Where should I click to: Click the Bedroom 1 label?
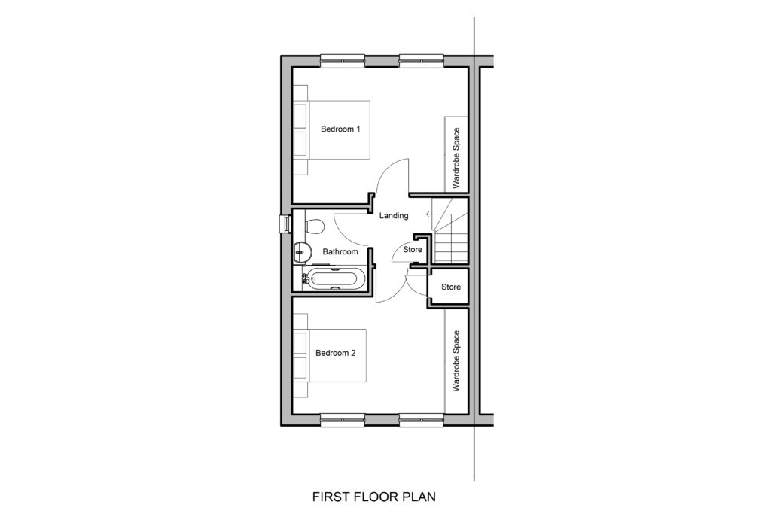pyautogui.click(x=340, y=129)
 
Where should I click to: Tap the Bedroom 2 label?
pyautogui.click(x=335, y=353)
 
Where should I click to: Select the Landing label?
pyautogui.click(x=393, y=215)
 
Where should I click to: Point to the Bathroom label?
pyautogui.click(x=340, y=251)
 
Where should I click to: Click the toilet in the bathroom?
pyautogui.click(x=313, y=227)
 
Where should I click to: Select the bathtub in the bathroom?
pyautogui.click(x=333, y=279)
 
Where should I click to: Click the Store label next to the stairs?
pyautogui.click(x=413, y=250)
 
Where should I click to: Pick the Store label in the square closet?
pyautogui.click(x=451, y=287)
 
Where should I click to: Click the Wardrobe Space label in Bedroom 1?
pyautogui.click(x=456, y=158)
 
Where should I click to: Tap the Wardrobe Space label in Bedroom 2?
pyautogui.click(x=456, y=360)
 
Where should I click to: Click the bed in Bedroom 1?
pyautogui.click(x=331, y=129)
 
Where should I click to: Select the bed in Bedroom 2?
pyautogui.click(x=330, y=355)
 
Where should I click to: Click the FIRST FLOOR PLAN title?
pyautogui.click(x=374, y=497)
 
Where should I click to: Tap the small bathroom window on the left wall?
pyautogui.click(x=284, y=224)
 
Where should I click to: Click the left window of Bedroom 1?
pyautogui.click(x=343, y=61)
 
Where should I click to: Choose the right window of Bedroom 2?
pyautogui.click(x=422, y=420)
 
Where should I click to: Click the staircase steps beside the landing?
pyautogui.click(x=449, y=231)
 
